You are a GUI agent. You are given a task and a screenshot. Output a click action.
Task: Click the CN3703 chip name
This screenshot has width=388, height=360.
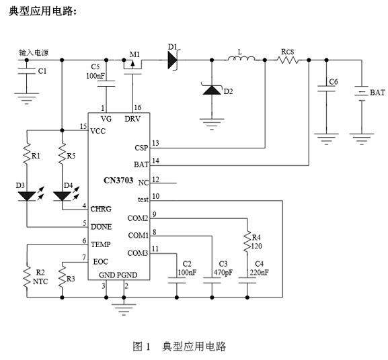click(118, 181)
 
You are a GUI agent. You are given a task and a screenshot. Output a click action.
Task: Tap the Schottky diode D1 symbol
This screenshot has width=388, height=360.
click(173, 60)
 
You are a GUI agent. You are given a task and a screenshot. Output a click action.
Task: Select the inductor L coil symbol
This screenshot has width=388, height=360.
click(241, 58)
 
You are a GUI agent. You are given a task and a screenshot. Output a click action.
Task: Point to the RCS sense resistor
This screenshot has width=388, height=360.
click(288, 60)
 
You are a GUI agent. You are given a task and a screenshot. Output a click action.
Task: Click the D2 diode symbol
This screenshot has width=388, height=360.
click(212, 89)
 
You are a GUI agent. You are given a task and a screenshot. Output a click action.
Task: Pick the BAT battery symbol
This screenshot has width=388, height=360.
click(362, 93)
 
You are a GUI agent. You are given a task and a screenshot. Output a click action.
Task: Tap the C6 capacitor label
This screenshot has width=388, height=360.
click(334, 82)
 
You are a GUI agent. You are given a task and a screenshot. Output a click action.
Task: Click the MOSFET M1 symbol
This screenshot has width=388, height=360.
click(132, 66)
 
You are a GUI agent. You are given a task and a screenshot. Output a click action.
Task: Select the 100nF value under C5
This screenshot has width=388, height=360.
click(95, 76)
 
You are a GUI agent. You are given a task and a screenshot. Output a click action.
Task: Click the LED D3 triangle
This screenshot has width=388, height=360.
click(27, 196)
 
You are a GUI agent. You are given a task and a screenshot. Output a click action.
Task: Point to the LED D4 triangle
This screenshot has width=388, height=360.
click(62, 196)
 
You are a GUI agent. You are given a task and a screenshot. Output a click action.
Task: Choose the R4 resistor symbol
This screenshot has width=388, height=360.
click(247, 242)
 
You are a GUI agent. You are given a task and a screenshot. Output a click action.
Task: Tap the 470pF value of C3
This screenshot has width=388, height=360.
click(223, 273)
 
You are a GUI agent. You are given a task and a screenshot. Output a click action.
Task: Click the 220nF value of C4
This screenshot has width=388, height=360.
click(259, 273)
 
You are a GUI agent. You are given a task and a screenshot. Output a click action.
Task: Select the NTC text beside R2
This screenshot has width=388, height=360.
click(40, 281)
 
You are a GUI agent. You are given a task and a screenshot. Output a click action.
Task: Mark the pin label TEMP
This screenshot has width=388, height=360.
click(100, 244)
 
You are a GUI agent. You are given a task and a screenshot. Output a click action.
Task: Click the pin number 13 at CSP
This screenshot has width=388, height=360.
click(155, 143)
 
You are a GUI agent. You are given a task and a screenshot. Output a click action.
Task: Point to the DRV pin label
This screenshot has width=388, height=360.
click(132, 119)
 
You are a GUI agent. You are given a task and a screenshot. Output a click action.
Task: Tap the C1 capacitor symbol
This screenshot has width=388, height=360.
click(27, 71)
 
